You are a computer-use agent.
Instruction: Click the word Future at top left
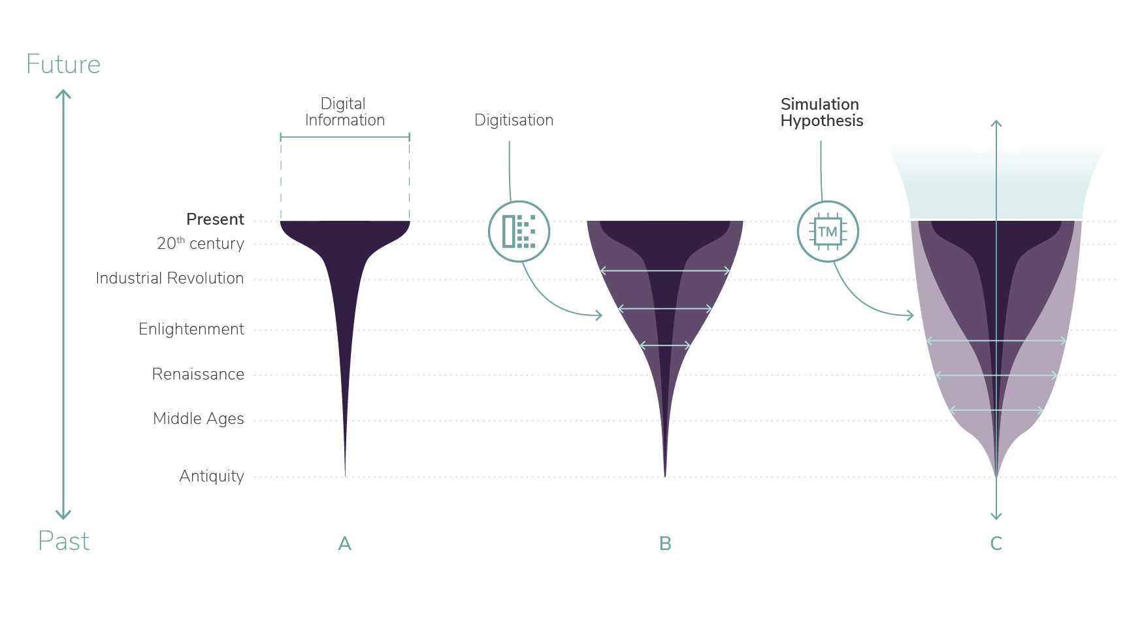pos(63,65)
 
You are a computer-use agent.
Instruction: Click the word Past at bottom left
pos(63,542)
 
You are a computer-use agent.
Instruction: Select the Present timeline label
pos(215,219)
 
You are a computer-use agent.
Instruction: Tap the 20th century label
pos(201,243)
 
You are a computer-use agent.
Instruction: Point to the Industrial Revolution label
pos(170,278)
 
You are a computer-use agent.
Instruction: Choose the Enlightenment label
pos(191,329)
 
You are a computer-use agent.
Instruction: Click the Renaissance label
pos(198,374)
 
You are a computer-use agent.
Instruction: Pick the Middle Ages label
pos(199,419)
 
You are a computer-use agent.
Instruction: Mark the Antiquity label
pos(212,476)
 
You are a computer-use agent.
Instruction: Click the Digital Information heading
pos(344,112)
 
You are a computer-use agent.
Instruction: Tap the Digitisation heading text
pos(514,120)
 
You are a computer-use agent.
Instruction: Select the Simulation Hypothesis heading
pos(822,112)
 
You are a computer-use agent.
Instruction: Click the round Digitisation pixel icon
pos(519,231)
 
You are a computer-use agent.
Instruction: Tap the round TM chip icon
pos(828,231)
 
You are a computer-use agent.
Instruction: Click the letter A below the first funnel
pos(345,544)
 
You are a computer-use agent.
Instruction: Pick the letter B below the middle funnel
pos(665,544)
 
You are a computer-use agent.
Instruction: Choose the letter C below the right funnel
pos(996,544)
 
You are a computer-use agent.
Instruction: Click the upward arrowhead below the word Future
pos(63,94)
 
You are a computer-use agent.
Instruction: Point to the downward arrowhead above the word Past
pos(63,515)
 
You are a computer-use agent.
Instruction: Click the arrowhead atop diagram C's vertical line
pos(996,123)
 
